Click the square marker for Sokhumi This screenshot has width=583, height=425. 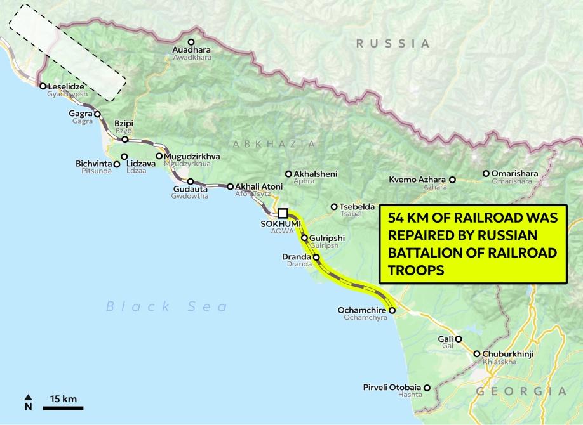283,213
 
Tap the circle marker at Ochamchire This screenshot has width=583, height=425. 392,310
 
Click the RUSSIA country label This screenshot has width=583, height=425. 392,43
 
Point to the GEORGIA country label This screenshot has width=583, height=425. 521,391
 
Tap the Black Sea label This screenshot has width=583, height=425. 166,307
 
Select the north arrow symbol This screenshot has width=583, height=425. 28,402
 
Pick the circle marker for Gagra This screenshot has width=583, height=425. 97,114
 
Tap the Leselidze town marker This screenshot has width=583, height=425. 43,86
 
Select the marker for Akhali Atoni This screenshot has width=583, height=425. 230,186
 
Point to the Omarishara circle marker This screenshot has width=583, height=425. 486,173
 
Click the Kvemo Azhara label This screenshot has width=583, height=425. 418,180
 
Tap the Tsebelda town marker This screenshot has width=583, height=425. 333,206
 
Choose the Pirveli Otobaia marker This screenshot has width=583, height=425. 427,387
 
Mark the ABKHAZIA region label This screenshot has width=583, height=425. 274,144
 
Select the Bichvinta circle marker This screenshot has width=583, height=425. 117,164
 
